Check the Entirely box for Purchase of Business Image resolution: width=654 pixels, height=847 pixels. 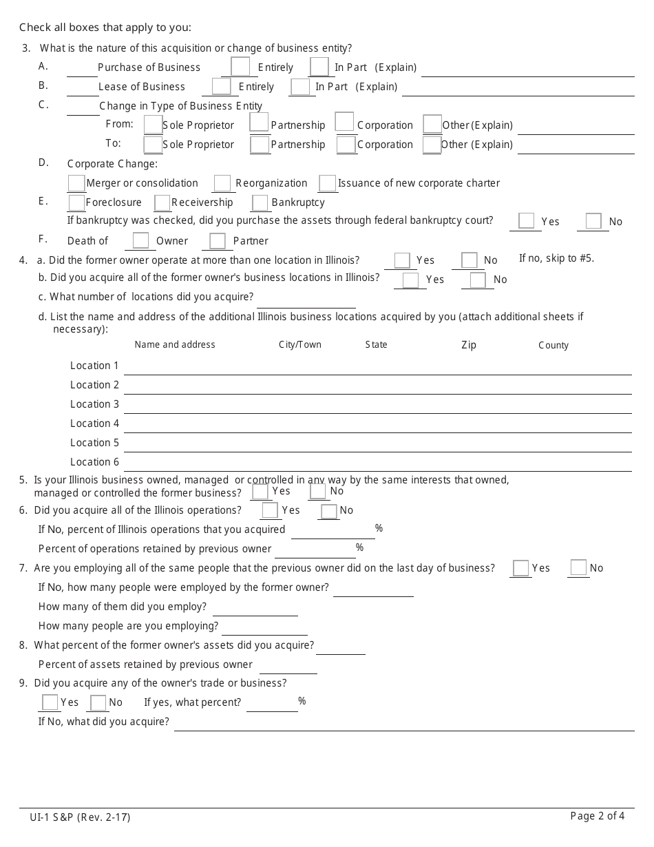(x=240, y=67)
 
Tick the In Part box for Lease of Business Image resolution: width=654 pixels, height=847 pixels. (x=300, y=87)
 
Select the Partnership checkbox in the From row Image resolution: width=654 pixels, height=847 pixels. (x=259, y=123)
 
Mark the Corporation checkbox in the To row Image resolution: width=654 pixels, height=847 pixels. (x=346, y=145)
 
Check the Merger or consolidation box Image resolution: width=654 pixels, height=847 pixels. (x=76, y=183)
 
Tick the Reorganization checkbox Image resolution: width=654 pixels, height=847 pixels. (x=222, y=183)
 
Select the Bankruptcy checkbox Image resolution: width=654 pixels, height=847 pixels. (x=260, y=203)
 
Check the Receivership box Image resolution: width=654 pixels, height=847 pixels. (x=162, y=203)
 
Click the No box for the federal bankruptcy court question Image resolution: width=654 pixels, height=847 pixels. (x=593, y=221)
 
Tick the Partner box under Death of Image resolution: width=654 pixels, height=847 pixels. (x=218, y=241)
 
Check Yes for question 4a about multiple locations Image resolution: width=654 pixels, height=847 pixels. (x=402, y=260)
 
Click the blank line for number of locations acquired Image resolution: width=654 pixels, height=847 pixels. (x=306, y=300)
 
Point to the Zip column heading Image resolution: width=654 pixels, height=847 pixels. (x=469, y=345)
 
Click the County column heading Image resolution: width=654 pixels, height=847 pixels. (x=553, y=345)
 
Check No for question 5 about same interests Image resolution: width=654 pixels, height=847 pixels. (x=317, y=492)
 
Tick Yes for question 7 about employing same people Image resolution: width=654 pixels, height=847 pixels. (x=521, y=568)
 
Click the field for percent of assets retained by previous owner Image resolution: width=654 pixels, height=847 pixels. (x=288, y=666)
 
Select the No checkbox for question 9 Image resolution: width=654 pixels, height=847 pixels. (x=98, y=703)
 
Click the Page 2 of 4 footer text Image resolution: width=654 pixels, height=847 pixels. (x=598, y=816)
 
